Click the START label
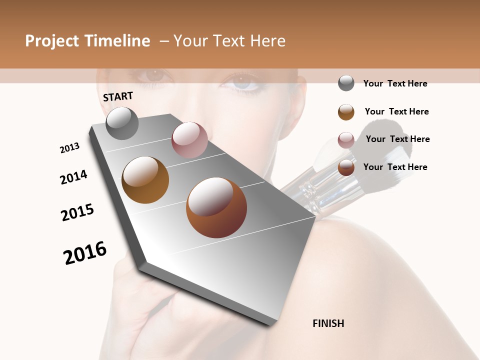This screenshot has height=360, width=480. point(118,96)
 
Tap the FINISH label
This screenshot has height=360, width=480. point(328,323)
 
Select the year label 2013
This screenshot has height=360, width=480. point(69,148)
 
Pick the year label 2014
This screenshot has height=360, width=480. point(73,177)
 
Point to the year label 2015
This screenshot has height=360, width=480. point(77,212)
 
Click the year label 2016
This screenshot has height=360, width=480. point(85,252)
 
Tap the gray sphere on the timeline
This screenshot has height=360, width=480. point(122,123)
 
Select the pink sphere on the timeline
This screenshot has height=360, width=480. point(189,139)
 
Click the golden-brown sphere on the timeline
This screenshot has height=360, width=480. point(145,179)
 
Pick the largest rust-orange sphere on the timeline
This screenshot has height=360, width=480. point(216,207)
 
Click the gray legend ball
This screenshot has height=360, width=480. point(346,83)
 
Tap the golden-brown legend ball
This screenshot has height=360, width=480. point(346,112)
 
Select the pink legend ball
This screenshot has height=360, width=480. point(346,140)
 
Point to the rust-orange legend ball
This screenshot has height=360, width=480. point(346,167)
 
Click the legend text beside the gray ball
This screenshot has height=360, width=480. point(395,83)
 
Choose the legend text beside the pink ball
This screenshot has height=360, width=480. point(397,139)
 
